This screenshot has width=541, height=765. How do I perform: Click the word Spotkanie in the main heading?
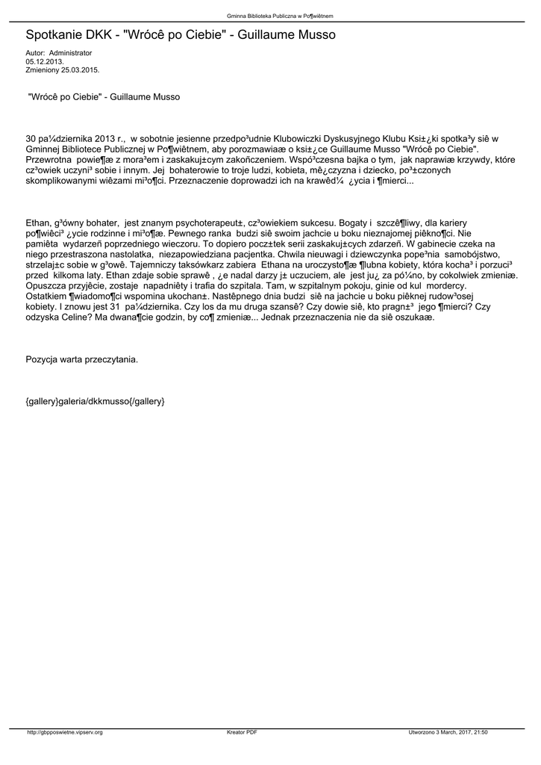[x=56, y=35]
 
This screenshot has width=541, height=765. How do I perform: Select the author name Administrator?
[x=70, y=53]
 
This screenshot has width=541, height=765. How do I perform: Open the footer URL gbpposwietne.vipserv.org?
[x=64, y=732]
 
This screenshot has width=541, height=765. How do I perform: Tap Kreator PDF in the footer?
[x=242, y=732]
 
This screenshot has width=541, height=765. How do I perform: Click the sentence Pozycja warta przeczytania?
[x=82, y=359]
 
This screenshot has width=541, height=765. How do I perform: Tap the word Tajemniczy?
[x=161, y=264]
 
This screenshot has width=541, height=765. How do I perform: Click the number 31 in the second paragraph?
[x=115, y=306]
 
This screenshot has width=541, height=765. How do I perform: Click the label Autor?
[x=35, y=53]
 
